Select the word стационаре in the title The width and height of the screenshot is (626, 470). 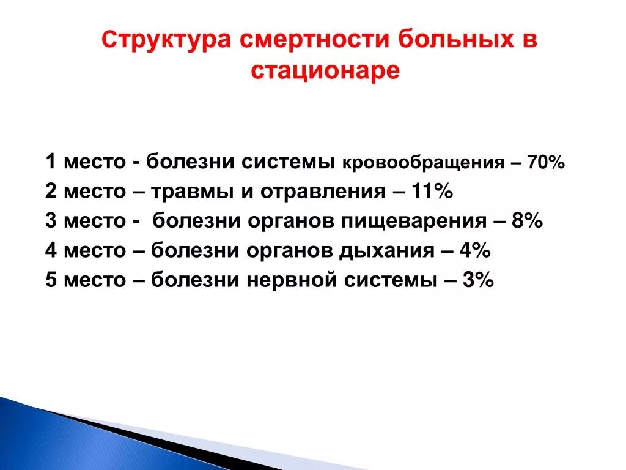pyautogui.click(x=325, y=71)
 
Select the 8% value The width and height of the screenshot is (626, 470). pyautogui.click(x=528, y=222)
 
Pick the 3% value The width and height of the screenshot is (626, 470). pyautogui.click(x=477, y=280)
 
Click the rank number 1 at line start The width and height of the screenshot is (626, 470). pyautogui.click(x=51, y=163)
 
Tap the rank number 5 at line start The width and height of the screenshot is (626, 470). pyautogui.click(x=51, y=280)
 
